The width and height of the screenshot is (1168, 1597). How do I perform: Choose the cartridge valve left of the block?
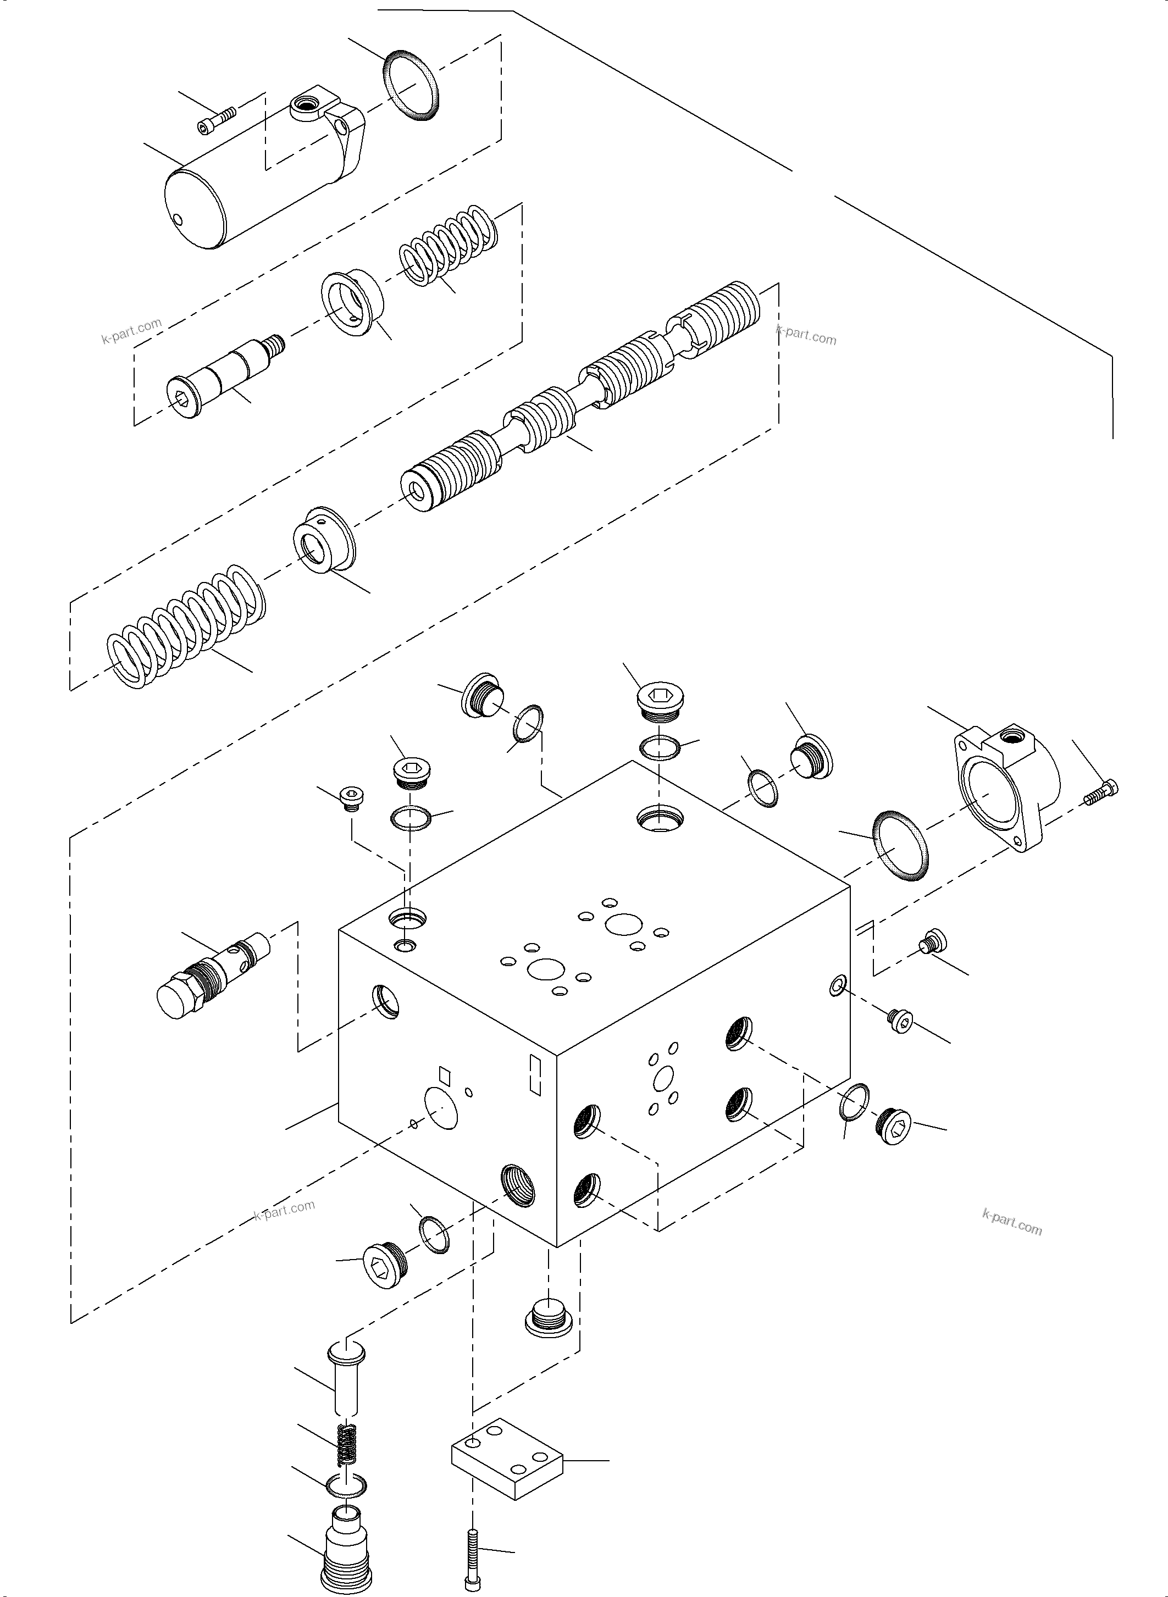[212, 973]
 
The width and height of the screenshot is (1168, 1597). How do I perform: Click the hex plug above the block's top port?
[659, 701]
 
